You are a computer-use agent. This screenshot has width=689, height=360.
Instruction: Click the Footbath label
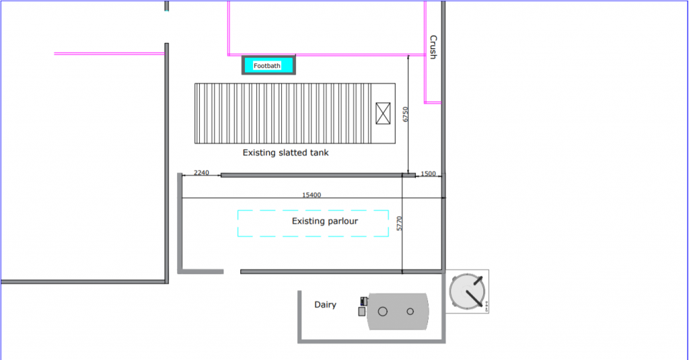coord(267,65)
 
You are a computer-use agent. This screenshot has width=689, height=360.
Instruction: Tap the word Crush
coord(433,47)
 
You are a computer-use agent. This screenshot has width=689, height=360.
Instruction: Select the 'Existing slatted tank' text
coord(285,153)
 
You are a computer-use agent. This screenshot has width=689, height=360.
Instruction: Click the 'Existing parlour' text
coord(325,221)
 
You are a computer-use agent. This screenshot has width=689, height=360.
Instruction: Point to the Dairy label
coord(325,305)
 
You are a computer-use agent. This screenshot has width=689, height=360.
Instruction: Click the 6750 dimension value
coord(405,114)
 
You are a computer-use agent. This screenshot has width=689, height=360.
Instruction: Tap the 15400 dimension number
coord(312,195)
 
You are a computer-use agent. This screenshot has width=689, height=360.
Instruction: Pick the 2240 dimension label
coord(201,173)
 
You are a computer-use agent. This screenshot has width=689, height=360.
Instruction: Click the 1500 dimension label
coord(428,174)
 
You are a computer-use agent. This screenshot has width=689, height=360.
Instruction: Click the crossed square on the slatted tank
coord(383,112)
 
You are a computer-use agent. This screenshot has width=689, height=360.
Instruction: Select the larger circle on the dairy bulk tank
coord(383,312)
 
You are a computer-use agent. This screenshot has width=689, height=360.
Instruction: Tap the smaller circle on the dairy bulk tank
coord(410,312)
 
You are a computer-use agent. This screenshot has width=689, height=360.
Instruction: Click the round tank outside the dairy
coord(466,291)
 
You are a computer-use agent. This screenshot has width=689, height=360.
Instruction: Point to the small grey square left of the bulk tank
coord(361,312)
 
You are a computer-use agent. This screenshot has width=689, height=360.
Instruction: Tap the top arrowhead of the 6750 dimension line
coord(409,59)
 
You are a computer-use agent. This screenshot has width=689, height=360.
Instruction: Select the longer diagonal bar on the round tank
coord(474,291)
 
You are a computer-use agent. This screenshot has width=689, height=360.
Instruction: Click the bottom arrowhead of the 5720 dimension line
coord(402,271)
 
